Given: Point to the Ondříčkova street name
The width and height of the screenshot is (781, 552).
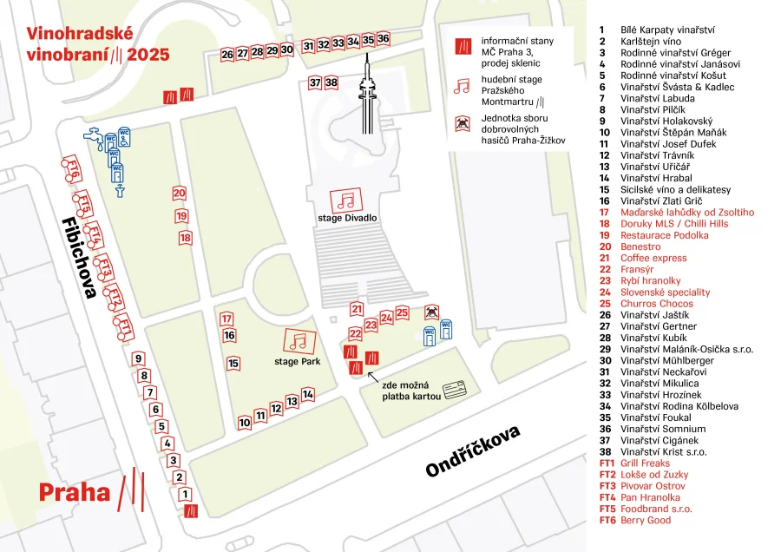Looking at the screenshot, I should coord(472,450).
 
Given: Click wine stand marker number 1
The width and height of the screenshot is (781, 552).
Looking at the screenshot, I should coord(185,495).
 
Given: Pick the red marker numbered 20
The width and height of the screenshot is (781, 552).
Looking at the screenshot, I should coord(179,194).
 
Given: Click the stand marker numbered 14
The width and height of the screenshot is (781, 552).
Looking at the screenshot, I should coord(307,394).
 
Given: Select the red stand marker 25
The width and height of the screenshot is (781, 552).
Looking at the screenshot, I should coord(402,312).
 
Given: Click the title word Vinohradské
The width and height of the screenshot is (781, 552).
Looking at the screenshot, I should coord(79,34).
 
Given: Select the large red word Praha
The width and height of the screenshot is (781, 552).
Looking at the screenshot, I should coord(75,493).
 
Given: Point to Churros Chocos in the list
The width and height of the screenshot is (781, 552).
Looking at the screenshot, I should coord(656,304).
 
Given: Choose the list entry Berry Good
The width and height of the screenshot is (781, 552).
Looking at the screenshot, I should coord(646,520).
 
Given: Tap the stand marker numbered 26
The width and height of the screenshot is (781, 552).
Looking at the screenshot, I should coord(227,54).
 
